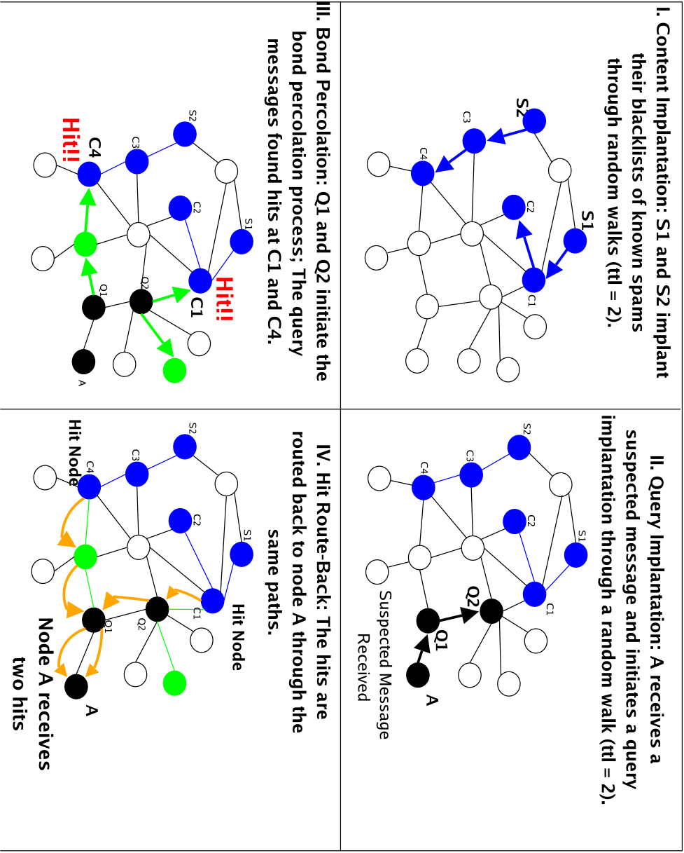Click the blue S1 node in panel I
coord(574,240)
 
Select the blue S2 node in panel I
coord(534,121)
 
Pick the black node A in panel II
coord(417,675)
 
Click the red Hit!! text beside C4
coord(71,140)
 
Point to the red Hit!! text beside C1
coord(225,299)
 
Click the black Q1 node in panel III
coord(94,307)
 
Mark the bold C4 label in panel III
coord(95,148)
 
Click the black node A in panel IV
coord(76,686)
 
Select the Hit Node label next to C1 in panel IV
coord(237,637)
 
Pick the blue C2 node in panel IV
coord(180,521)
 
